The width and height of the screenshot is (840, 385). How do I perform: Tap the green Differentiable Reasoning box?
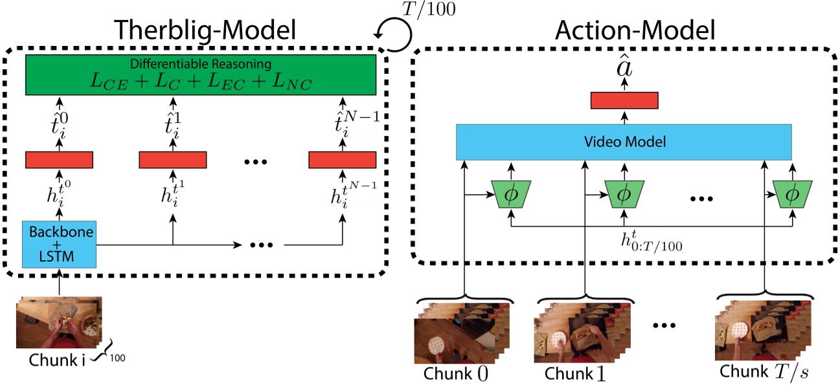pos(200,74)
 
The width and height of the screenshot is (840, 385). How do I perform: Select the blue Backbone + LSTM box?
pos(59,243)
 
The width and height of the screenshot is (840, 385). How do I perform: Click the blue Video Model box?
pos(624,141)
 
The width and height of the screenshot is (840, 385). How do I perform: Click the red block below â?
pos(624,100)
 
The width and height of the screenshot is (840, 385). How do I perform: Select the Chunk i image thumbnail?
pos(58,322)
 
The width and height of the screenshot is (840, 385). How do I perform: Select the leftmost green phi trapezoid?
pos(511,194)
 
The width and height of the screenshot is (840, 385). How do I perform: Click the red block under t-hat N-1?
pos(342,160)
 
